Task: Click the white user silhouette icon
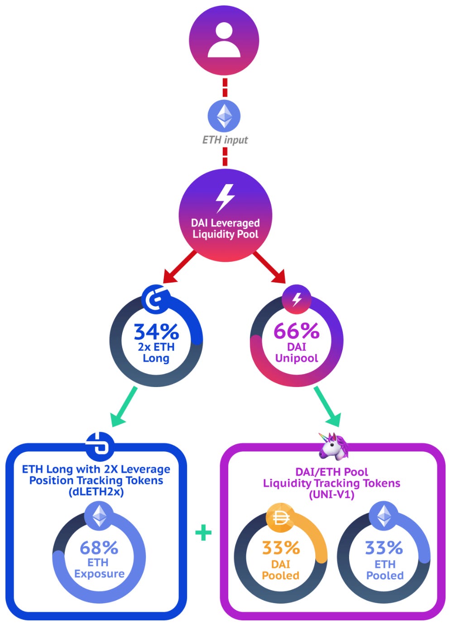[x=224, y=40]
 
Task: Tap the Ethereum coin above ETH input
[x=224, y=116]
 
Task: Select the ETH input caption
[x=225, y=140]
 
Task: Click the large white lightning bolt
[x=225, y=199]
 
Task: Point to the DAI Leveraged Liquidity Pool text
[x=225, y=228]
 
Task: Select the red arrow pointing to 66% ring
[x=269, y=267]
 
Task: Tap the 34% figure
[x=156, y=331]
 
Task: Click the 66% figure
[x=297, y=331]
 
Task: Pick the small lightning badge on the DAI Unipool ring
[x=296, y=299]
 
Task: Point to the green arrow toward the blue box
[x=124, y=407]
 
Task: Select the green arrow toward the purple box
[x=328, y=407]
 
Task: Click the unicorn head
[x=334, y=447]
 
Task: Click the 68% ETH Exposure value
[x=99, y=548]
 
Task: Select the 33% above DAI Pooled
[x=281, y=548]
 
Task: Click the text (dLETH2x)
[x=96, y=492]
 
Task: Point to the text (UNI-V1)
[x=331, y=495]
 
